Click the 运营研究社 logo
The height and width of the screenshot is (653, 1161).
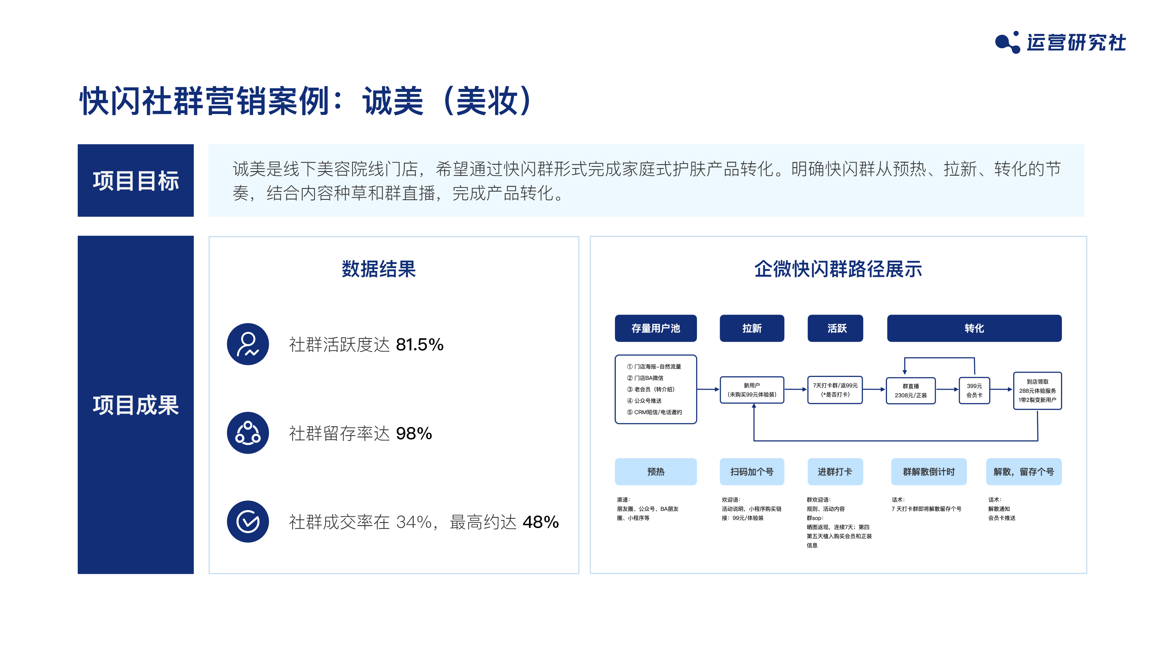(1060, 42)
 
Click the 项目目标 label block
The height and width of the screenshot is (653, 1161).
(136, 180)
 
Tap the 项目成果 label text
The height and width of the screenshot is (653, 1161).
(136, 405)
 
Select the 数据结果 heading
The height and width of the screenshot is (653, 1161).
(379, 269)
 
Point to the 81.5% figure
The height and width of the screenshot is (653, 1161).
(420, 345)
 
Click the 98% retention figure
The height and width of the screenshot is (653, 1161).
(414, 434)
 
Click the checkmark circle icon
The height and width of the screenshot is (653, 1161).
(248, 522)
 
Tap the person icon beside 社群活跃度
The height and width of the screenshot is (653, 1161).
(248, 344)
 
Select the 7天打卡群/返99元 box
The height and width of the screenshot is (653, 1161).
(835, 390)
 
